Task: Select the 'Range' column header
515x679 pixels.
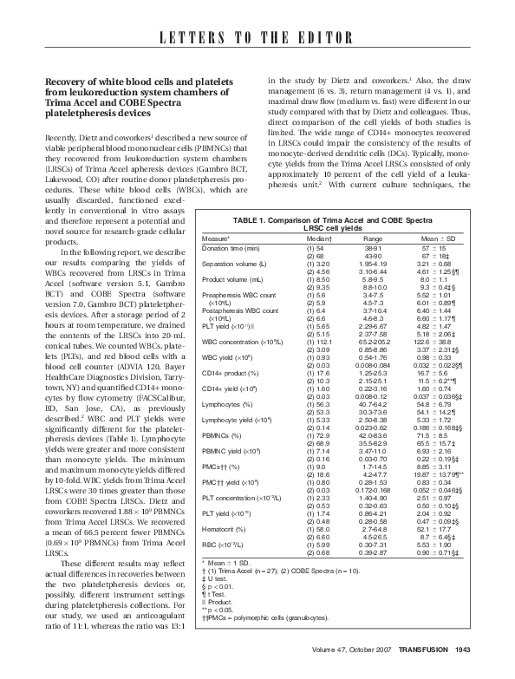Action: coord(373,237)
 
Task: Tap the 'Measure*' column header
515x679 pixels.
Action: coord(216,237)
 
